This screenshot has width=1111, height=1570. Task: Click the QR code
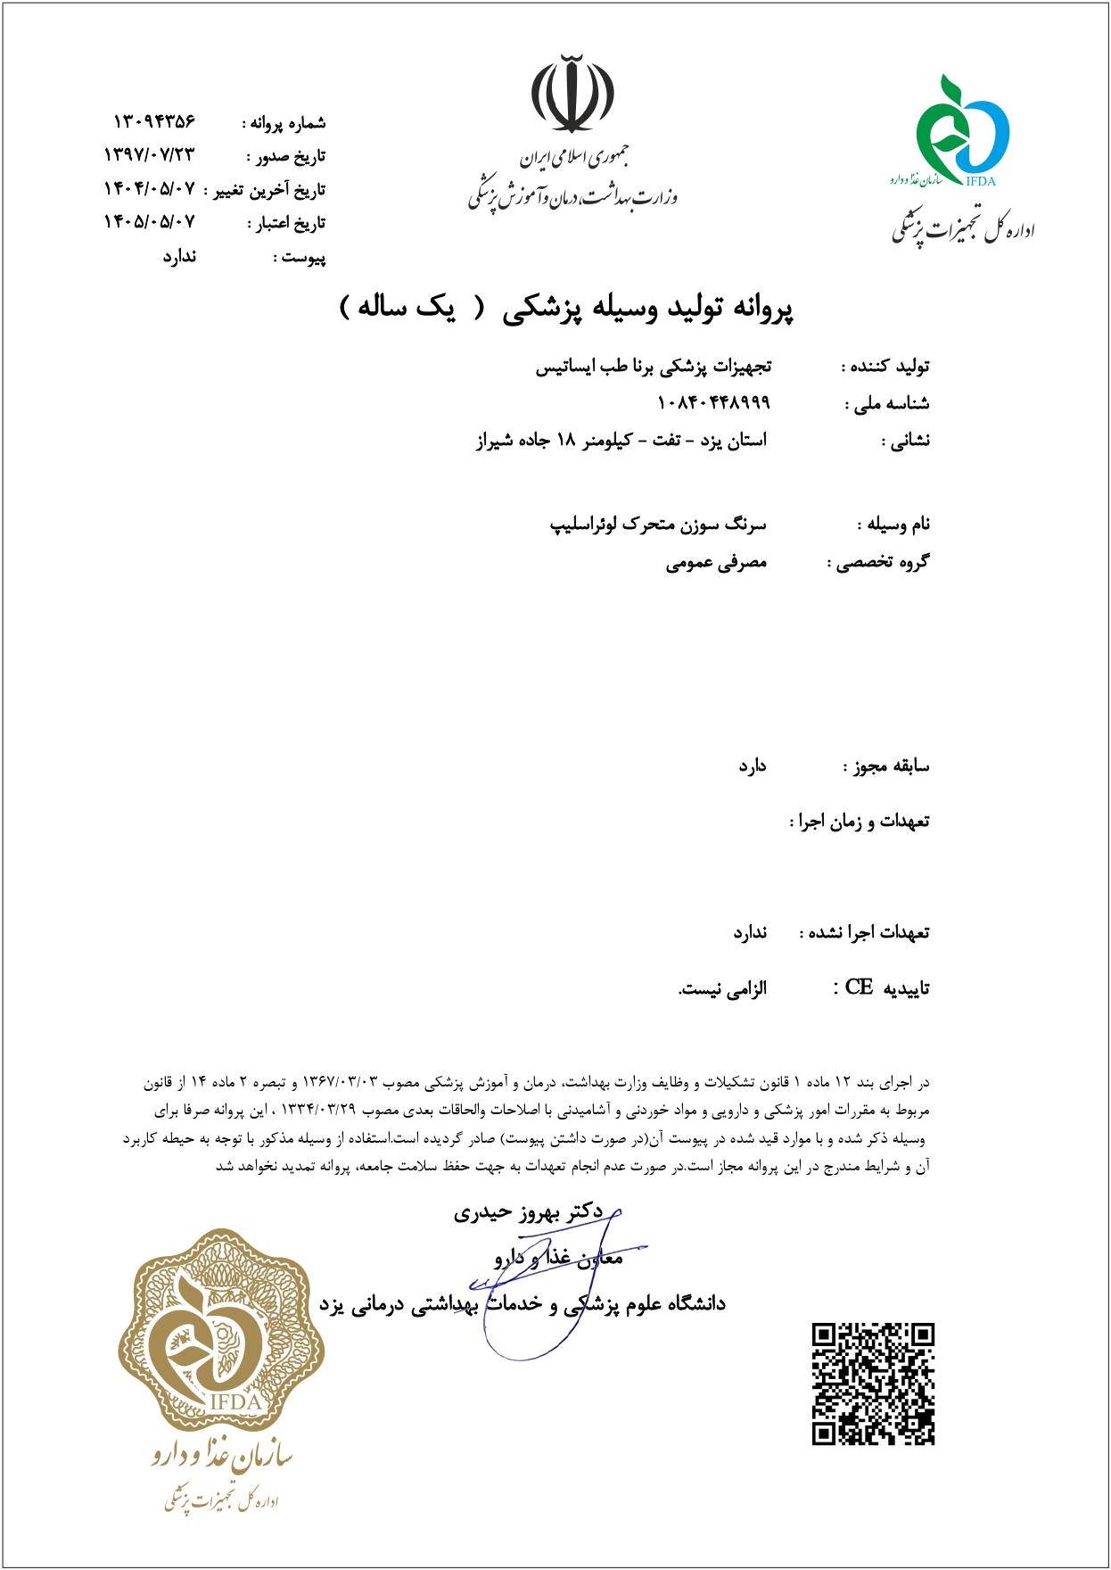tap(873, 1384)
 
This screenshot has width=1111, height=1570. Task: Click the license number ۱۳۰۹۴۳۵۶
tap(154, 121)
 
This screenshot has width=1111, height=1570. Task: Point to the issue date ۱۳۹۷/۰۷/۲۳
tap(149, 155)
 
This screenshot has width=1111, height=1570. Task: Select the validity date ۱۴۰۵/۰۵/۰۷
tap(149, 222)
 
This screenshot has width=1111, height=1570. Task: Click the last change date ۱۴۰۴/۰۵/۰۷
tap(149, 189)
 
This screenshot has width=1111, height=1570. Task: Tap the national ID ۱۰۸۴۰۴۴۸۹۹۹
tap(713, 403)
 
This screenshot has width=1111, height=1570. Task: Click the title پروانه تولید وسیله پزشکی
tap(647, 308)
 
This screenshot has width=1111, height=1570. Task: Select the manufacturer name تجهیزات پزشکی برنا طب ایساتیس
tap(653, 367)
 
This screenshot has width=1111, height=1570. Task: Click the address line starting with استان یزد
tap(621, 440)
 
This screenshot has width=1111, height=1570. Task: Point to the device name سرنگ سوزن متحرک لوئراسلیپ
tap(658, 524)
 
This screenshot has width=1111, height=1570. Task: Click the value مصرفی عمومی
tap(716, 563)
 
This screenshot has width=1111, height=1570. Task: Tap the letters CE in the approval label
tap(859, 987)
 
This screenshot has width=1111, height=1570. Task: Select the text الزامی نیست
tap(722, 988)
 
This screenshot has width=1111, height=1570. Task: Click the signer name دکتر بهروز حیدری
tap(528, 1212)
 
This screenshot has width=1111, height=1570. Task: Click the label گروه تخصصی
tap(878, 563)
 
